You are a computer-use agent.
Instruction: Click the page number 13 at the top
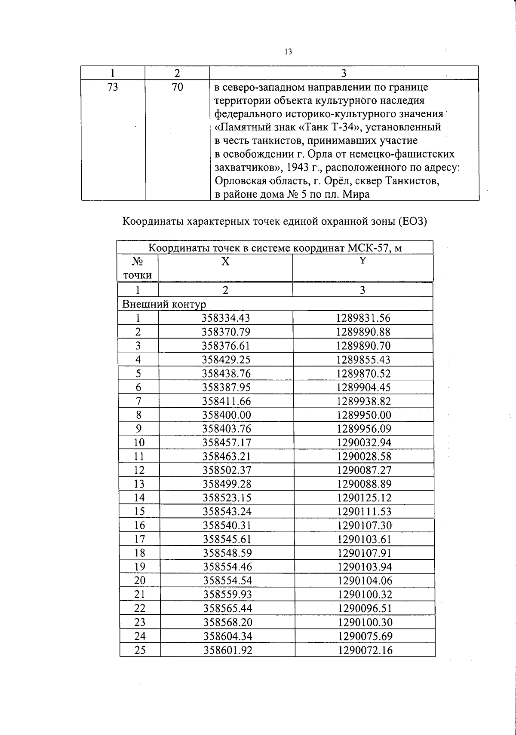[x=288, y=52]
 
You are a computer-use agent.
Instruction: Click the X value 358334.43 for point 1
[x=226, y=318]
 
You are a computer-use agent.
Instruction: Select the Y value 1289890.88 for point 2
[x=363, y=332]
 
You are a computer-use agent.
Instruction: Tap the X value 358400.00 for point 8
[x=226, y=415]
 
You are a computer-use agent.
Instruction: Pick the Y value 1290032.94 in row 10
[x=364, y=442]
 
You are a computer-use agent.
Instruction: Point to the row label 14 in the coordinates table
[x=139, y=498]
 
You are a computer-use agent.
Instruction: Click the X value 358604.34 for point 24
[x=227, y=636]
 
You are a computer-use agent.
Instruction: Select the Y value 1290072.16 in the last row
[x=365, y=650]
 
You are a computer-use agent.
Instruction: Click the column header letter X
[x=225, y=262]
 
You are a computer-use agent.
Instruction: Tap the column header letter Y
[x=362, y=260]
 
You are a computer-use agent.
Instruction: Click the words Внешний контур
[x=164, y=305]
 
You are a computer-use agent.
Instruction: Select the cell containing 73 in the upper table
[x=113, y=87]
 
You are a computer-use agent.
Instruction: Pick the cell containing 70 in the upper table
[x=177, y=87]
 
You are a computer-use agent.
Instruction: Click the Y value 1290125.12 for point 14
[x=364, y=498]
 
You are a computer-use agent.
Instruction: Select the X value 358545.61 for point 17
[x=227, y=539]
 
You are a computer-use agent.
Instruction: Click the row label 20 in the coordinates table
[x=140, y=581]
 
